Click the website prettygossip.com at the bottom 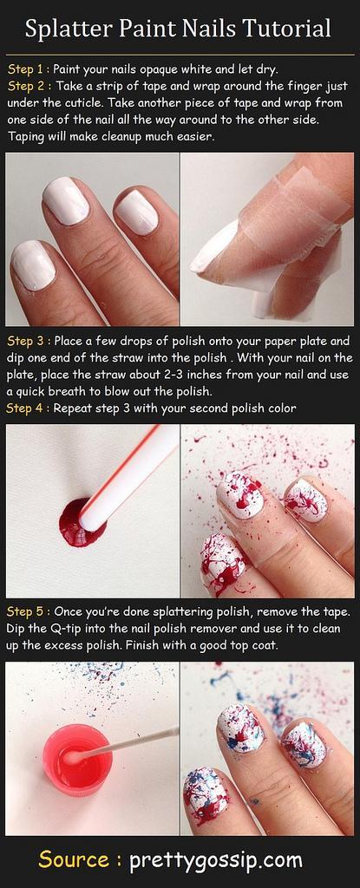click(x=216, y=861)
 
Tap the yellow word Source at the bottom click(x=75, y=859)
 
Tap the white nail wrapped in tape click(x=213, y=246)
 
